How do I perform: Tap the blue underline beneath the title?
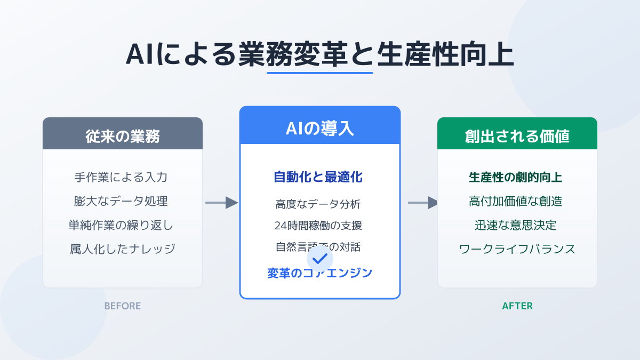[x=319, y=73]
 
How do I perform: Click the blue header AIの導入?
[x=319, y=129]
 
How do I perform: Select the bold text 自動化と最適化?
[x=319, y=177]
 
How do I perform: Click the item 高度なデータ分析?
[x=318, y=203]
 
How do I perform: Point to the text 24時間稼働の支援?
[x=318, y=225]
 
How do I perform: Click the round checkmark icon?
[x=320, y=259]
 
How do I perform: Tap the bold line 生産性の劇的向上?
[x=516, y=177]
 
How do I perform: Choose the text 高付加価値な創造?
[x=516, y=201]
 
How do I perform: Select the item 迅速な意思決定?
[x=516, y=225]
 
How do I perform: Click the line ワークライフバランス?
[x=517, y=249]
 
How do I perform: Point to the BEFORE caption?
[x=123, y=306]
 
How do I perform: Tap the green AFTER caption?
[x=517, y=306]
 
